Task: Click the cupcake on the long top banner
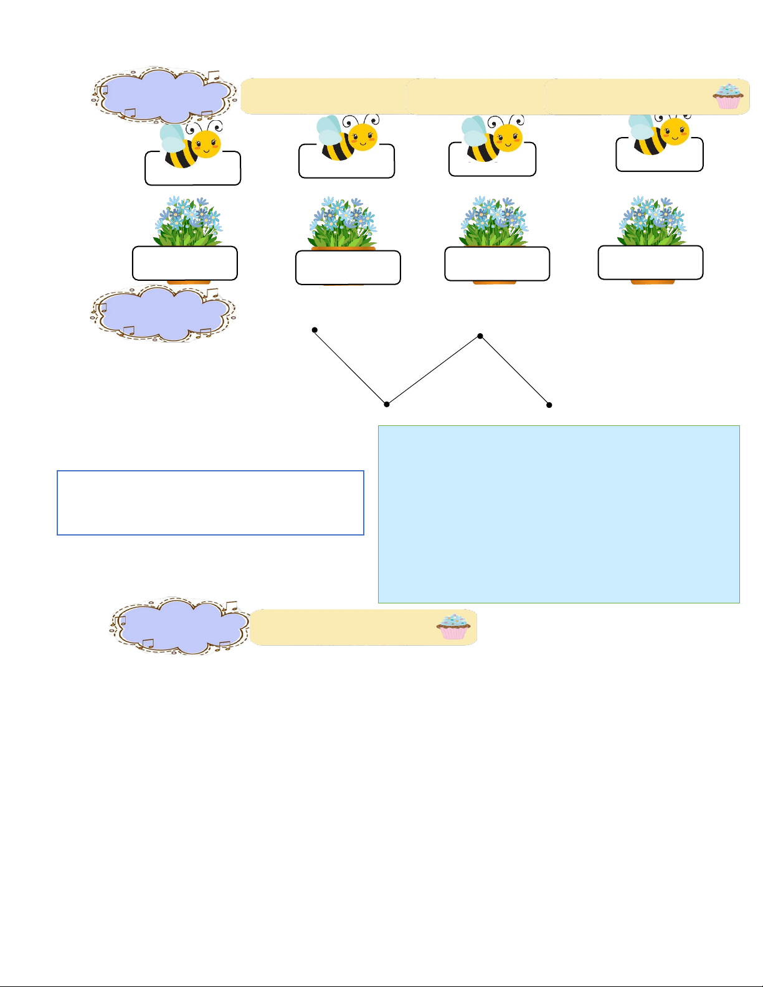point(727,97)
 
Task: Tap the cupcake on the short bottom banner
point(453,626)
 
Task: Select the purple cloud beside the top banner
point(163,94)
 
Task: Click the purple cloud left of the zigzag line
point(163,313)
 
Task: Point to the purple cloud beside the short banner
point(181,625)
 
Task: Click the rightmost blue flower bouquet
point(652,221)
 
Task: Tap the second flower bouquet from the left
point(343,223)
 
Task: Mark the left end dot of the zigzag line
point(315,330)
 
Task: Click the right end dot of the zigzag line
point(549,405)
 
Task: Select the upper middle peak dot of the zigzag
point(480,336)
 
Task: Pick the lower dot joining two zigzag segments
point(387,405)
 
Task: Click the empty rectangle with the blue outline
point(211,503)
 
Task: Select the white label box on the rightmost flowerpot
point(650,263)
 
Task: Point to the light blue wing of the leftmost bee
point(172,138)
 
